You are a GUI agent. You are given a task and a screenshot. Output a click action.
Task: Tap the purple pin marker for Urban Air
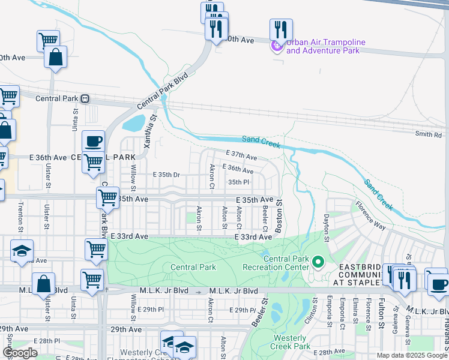pos(276,46)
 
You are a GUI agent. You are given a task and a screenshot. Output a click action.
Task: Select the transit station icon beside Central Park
pos(86,98)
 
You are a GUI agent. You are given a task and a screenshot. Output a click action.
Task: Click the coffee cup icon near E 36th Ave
pos(93,142)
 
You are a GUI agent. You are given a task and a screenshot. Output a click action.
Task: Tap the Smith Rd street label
pos(429,135)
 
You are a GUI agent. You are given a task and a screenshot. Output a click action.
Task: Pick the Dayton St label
pos(327,224)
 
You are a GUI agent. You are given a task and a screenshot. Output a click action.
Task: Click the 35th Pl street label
pos(238,182)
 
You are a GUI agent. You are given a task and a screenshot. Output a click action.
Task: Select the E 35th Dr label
pos(167,175)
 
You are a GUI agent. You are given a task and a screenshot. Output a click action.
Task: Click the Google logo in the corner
pos(20,353)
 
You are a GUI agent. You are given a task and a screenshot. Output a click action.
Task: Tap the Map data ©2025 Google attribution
pos(412,355)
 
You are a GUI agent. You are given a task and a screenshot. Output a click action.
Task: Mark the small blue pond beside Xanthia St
pos(133,124)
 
